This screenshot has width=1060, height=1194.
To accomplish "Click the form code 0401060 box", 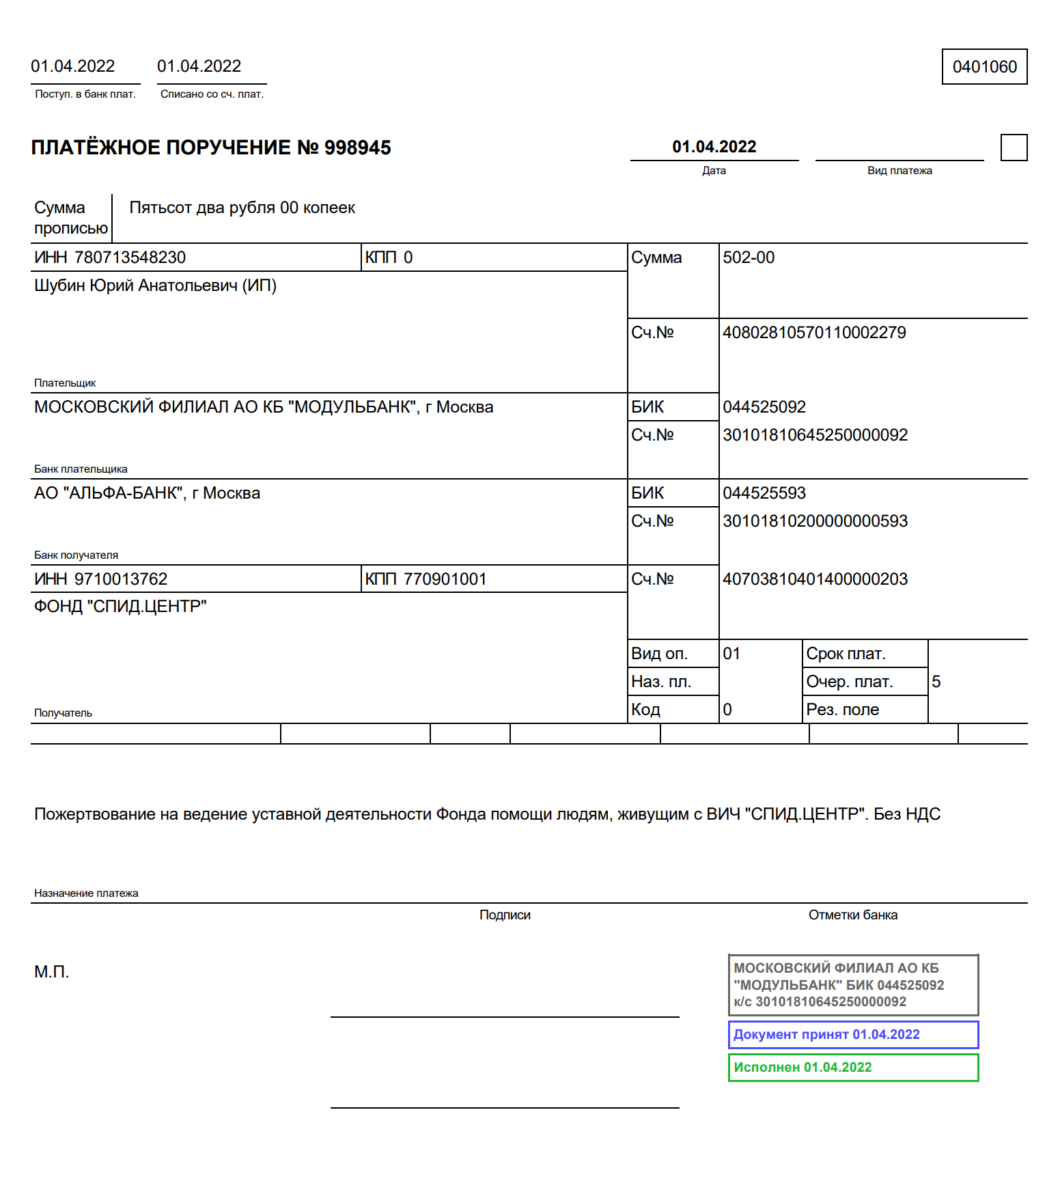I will pos(984,67).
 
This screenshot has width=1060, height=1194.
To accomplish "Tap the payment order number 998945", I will pos(357,148).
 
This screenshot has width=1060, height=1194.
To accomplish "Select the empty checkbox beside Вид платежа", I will pos(1014,148).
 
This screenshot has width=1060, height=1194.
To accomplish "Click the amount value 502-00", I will pos(749,258).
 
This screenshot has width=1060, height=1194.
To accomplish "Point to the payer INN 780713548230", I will pos(130,258).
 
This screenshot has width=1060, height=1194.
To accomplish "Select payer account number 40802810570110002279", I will pos(814,333).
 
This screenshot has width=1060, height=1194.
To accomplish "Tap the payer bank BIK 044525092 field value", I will pos(764,407).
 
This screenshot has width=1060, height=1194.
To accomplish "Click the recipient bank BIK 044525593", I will pos(764,493).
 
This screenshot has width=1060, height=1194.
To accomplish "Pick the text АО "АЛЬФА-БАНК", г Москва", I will pos(147,493).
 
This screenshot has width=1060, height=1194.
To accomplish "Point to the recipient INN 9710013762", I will pos(120,579).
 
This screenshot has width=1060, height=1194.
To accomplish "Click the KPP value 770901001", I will pos(445,579).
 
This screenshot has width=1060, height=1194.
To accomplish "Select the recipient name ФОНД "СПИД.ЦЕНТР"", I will pos(120,607).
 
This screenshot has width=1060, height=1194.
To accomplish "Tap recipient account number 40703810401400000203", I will pos(815,579).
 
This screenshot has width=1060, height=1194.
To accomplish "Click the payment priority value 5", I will pos(936,682).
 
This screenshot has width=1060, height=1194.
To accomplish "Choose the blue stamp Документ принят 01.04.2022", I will pos(853,1035).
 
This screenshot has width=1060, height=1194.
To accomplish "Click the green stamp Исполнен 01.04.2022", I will pos(853,1068).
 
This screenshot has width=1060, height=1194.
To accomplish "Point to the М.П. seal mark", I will pos(52,972).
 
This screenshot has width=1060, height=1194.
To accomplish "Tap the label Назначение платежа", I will pos(86,893).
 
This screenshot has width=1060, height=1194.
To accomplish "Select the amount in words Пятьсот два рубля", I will pos(242,208).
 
